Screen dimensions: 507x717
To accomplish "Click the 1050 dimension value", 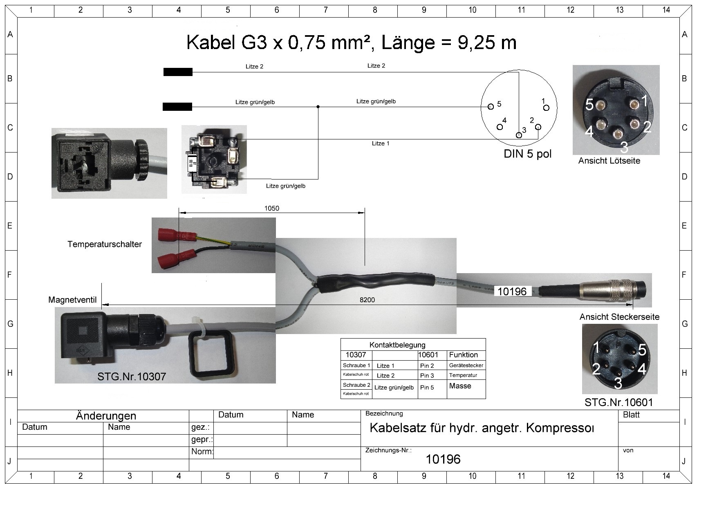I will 271,209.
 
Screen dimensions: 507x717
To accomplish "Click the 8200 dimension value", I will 367,300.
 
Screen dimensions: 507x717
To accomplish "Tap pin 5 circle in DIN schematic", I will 491,107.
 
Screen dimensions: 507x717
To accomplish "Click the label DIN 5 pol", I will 527,154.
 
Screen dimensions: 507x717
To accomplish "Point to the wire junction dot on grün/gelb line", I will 318,107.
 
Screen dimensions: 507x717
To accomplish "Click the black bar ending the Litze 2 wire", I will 178,72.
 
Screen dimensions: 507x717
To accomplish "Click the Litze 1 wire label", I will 381,144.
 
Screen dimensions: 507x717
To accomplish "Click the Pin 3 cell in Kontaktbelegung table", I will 427,375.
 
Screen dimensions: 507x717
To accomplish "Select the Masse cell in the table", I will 460,386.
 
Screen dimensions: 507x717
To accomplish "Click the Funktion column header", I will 463,355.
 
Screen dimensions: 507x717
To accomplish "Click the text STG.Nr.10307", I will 132,376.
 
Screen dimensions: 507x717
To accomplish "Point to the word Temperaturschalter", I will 105,245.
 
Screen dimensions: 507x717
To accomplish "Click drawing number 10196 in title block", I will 443,459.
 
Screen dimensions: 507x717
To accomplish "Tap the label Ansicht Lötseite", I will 609,161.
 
